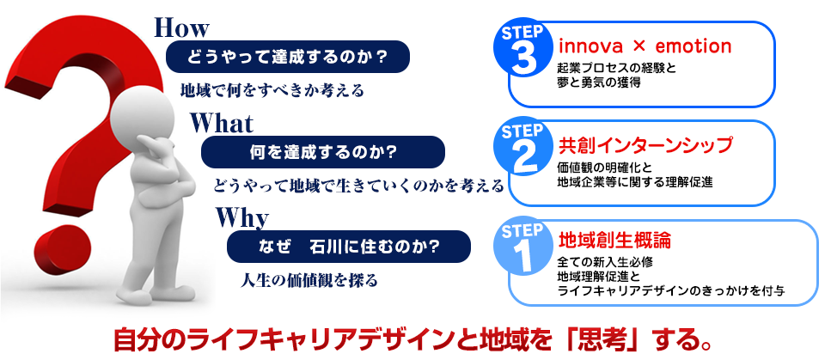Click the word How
181,28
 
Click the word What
222,124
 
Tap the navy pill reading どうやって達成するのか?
288,57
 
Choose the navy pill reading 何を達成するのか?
323,152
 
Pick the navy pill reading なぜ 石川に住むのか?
348,247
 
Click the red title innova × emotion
645,46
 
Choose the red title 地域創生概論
614,241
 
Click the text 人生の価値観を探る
309,279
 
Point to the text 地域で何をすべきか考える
272,90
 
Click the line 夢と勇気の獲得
599,82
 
